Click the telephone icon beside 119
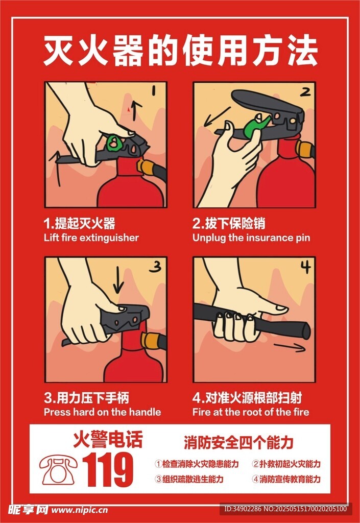[59, 470]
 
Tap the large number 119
[108, 470]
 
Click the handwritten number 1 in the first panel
[154, 91]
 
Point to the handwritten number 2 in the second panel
[305, 91]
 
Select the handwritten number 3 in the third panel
[155, 267]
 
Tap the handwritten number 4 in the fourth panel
[306, 267]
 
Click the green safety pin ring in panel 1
[113, 143]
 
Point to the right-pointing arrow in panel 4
[290, 347]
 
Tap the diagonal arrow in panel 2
[217, 117]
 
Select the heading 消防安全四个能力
[238, 442]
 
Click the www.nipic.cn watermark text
[80, 510]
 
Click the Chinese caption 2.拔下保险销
[229, 224]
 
